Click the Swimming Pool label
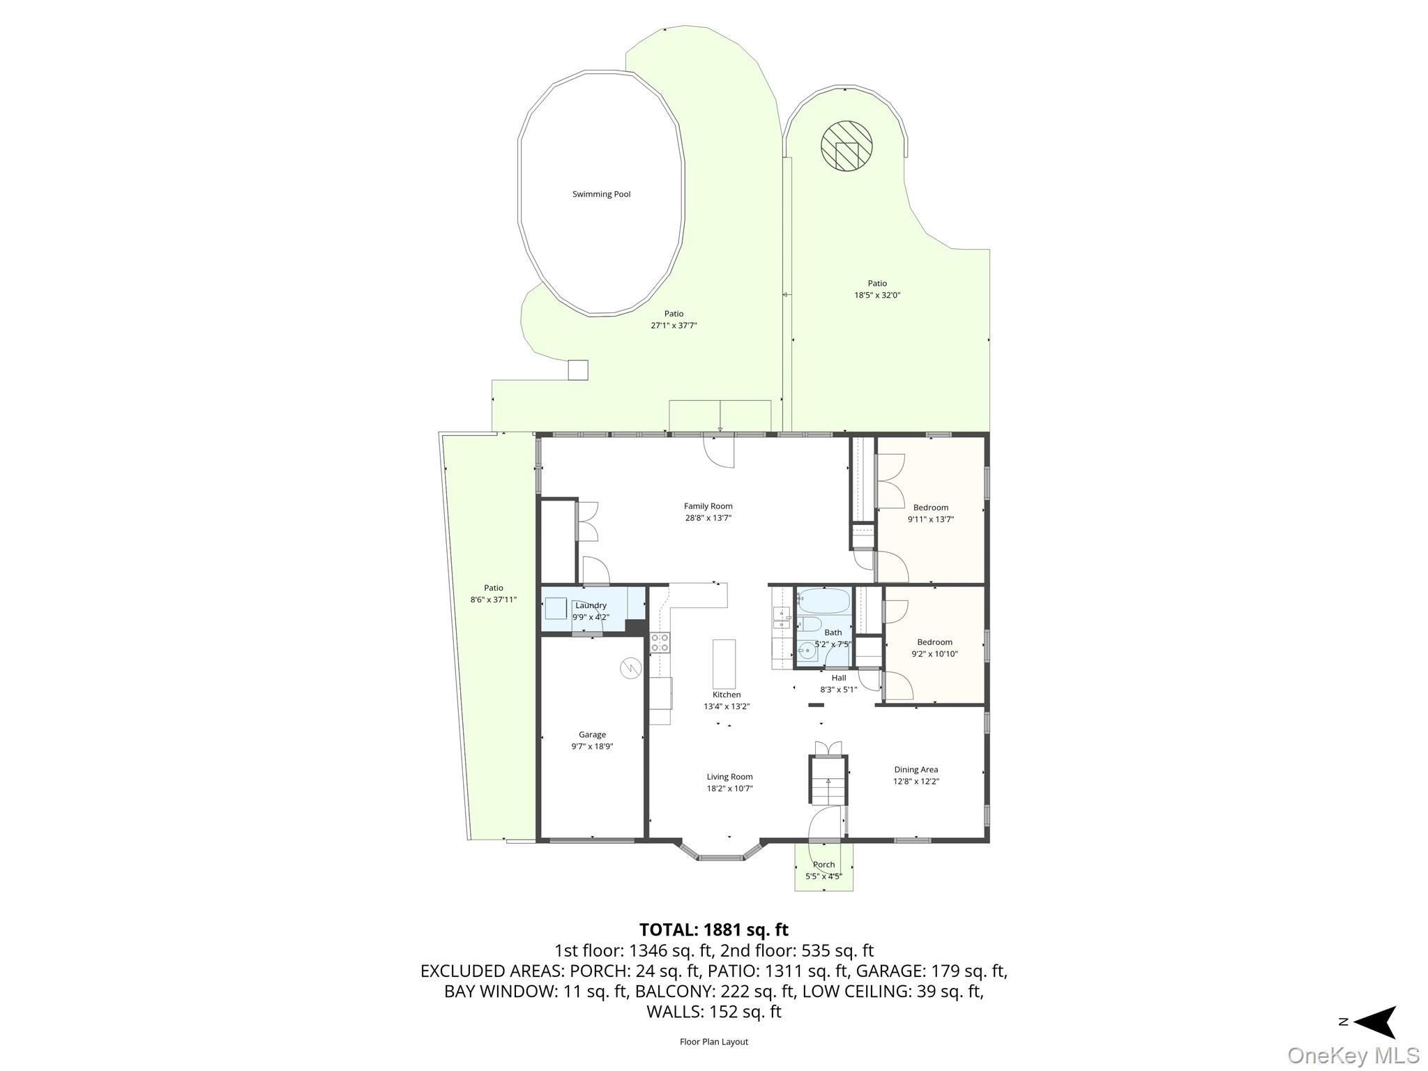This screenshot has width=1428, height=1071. click(601, 194)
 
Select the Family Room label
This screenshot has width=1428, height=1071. click(708, 506)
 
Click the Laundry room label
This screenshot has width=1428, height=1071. click(591, 605)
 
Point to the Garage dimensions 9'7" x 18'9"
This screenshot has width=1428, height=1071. click(592, 746)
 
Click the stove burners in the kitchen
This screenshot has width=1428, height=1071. click(660, 643)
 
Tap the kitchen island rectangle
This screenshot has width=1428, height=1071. click(724, 664)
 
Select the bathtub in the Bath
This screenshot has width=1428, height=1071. click(824, 600)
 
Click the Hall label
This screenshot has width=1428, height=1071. click(839, 678)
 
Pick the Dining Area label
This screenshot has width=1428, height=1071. click(916, 770)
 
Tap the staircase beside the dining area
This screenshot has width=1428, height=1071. click(828, 780)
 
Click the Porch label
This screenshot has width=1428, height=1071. click(823, 865)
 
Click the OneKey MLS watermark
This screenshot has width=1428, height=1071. click(1353, 1055)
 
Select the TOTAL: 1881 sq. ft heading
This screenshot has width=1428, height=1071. click(714, 929)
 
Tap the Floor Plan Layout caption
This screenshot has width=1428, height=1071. click(714, 1042)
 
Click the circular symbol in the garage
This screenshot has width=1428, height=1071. click(630, 669)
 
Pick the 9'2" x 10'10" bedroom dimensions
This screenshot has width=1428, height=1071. click(934, 654)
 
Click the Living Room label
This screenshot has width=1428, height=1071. click(729, 777)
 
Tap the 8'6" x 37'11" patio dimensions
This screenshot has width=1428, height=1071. click(494, 600)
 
